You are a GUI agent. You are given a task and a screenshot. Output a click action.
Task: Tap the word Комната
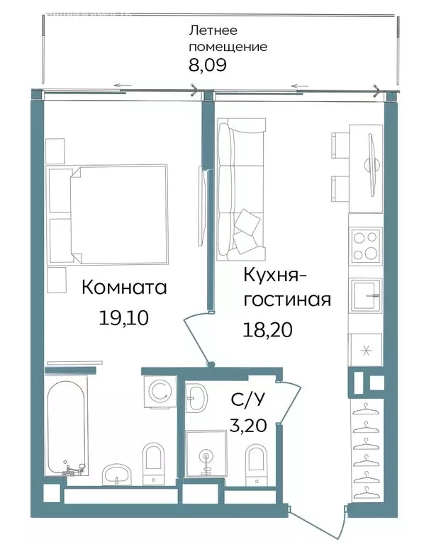(124, 288)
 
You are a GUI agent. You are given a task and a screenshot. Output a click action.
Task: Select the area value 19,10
(123, 317)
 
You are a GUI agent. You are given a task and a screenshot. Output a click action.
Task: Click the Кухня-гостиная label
(286, 287)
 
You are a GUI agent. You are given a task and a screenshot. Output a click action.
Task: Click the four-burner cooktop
(366, 246)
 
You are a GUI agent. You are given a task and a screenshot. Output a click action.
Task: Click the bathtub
(67, 429)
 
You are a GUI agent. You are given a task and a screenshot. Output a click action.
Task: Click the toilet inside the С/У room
(257, 464)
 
